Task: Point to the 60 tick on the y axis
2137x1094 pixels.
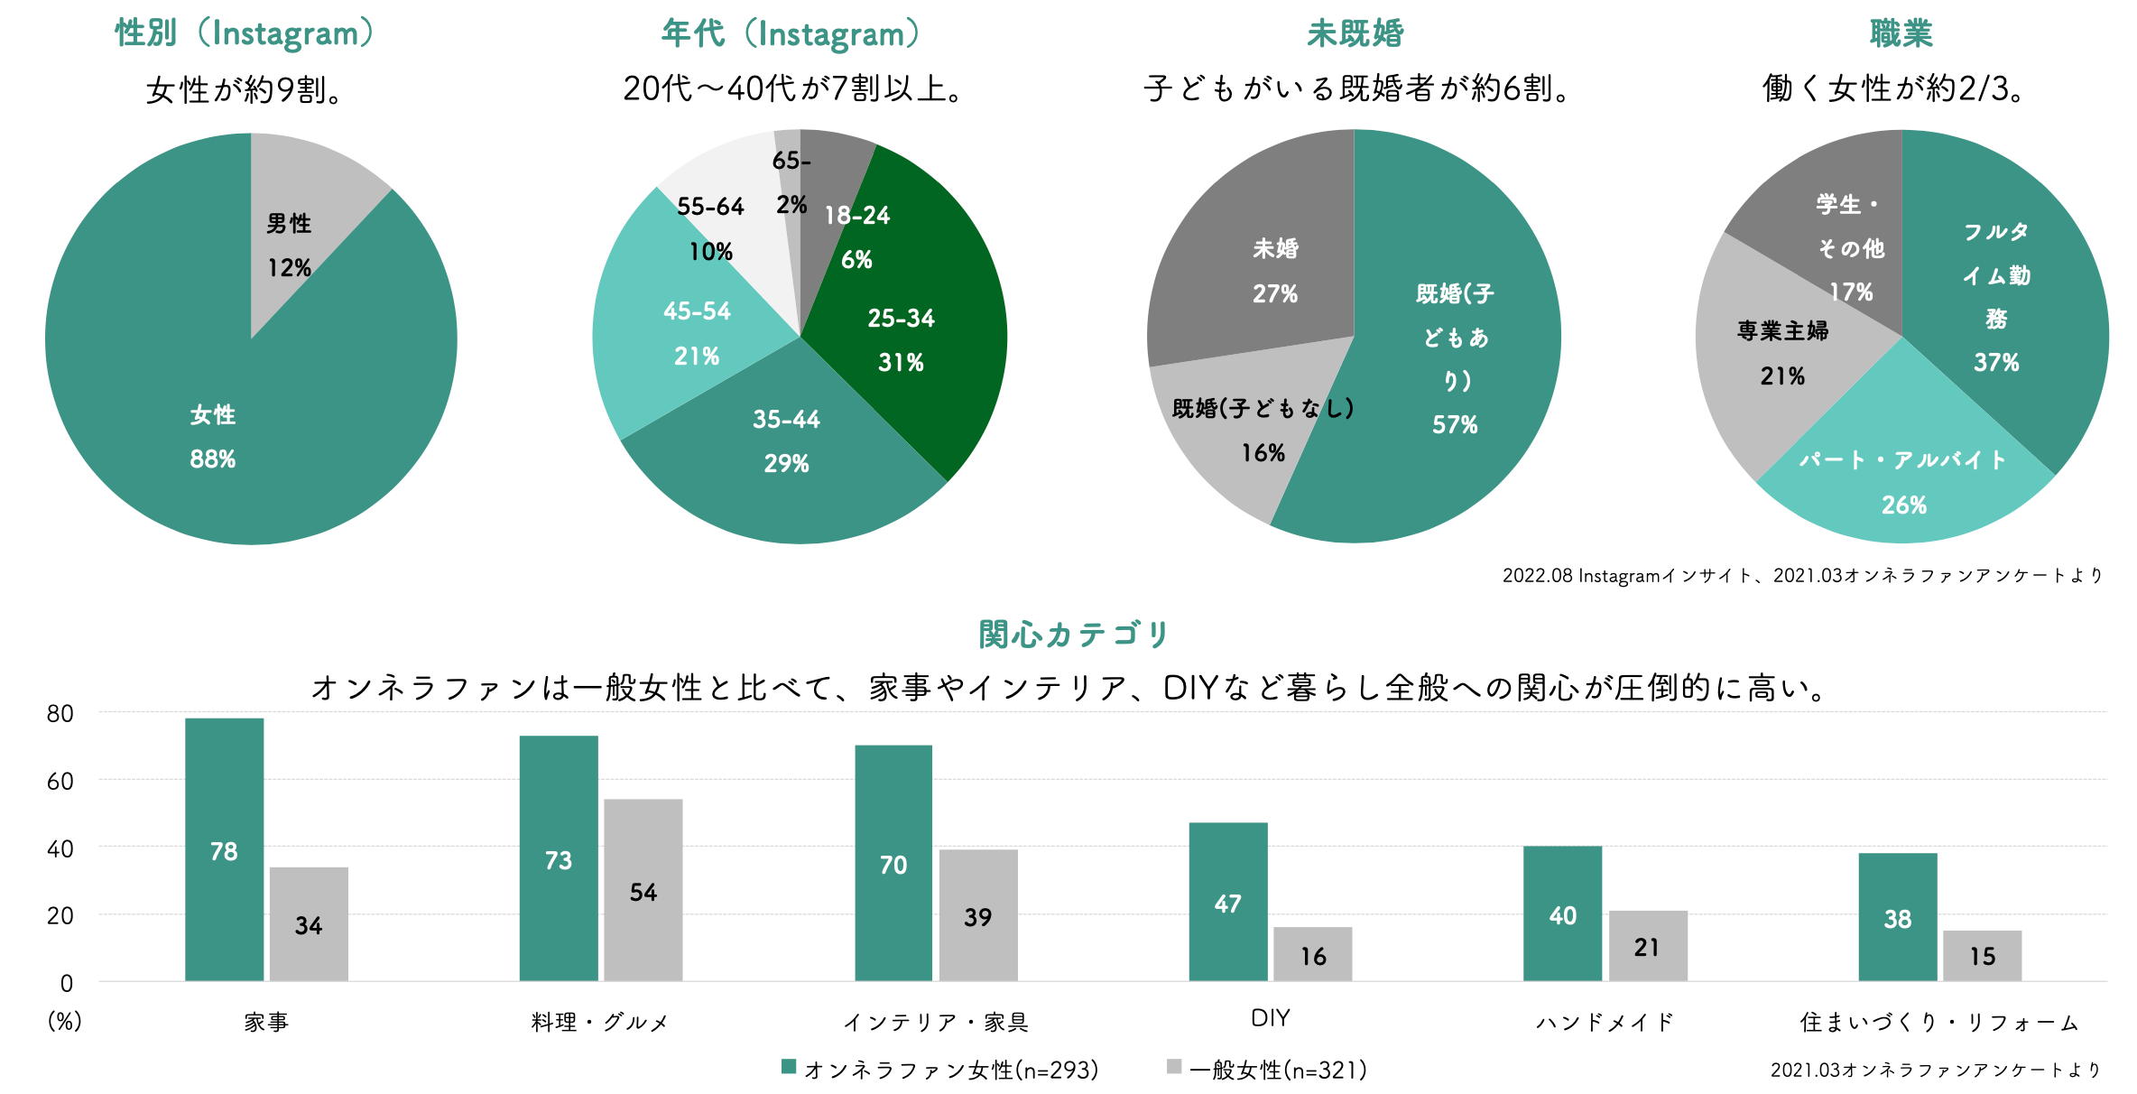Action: pos(60,781)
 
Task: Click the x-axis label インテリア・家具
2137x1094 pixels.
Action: pos(935,1022)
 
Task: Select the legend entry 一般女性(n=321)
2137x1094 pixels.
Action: pos(1277,1070)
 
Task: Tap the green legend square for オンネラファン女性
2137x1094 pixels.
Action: pos(789,1067)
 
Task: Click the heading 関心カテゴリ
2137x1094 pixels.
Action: pos(1074,635)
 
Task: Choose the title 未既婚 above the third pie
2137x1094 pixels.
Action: pos(1355,33)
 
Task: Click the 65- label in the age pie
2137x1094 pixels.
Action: pos(791,161)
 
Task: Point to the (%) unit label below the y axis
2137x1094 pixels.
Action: pos(64,1021)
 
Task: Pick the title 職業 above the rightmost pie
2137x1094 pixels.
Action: pos(1901,33)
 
